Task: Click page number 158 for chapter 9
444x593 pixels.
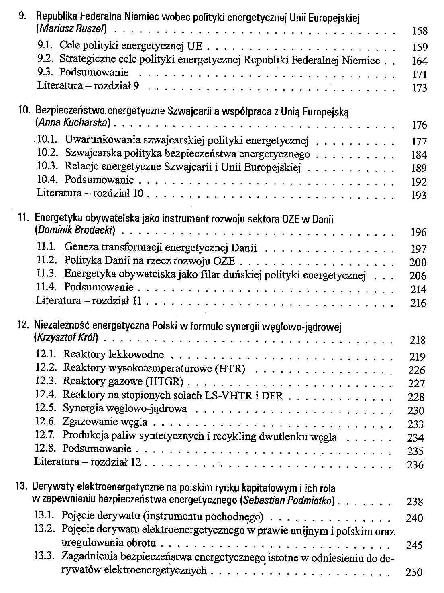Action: point(420,31)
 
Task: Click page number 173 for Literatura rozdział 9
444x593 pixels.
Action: point(420,88)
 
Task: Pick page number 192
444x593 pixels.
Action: point(419,182)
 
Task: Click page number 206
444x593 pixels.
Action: point(418,276)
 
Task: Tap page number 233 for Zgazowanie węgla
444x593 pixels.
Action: point(416,424)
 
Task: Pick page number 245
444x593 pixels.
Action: point(414,545)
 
